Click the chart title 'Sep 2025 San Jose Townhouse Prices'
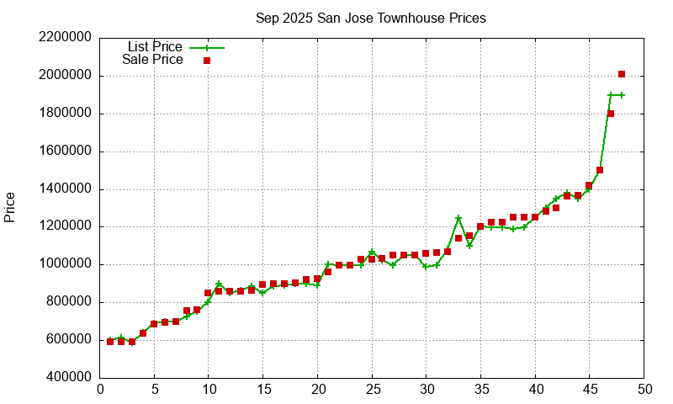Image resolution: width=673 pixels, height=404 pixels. [x=371, y=18]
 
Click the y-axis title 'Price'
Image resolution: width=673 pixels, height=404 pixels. [x=10, y=207]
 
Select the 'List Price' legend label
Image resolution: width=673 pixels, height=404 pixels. [x=155, y=47]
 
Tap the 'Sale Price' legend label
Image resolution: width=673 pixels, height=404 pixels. [x=152, y=60]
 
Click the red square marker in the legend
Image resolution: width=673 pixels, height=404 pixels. [x=207, y=61]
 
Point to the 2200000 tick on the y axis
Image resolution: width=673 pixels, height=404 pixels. [x=63, y=38]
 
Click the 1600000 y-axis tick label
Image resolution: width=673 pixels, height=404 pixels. [x=63, y=151]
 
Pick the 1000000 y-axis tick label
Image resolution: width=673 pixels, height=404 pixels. [x=63, y=264]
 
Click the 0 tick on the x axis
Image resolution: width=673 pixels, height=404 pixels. [x=100, y=389]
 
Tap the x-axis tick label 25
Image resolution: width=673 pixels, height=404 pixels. [x=372, y=389]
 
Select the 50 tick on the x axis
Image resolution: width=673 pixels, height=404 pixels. [x=644, y=389]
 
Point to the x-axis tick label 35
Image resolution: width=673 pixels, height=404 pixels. [x=480, y=389]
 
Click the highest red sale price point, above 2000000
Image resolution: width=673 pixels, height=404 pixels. [x=622, y=74]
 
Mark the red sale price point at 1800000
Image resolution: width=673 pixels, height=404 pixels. [x=611, y=114]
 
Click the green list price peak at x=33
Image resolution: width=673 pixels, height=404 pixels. [x=458, y=218]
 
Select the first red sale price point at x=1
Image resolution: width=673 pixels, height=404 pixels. [x=110, y=341]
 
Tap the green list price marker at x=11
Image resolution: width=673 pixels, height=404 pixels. [x=219, y=284]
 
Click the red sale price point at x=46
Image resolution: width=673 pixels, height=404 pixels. [x=600, y=170]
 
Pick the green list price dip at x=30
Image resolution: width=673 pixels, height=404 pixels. [x=426, y=267]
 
